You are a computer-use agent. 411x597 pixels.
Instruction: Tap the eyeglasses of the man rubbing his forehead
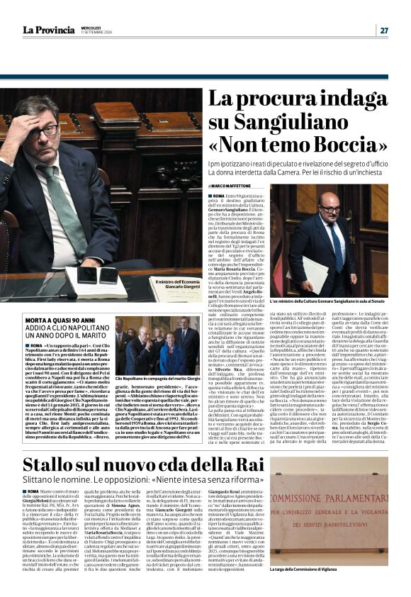(44, 130)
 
